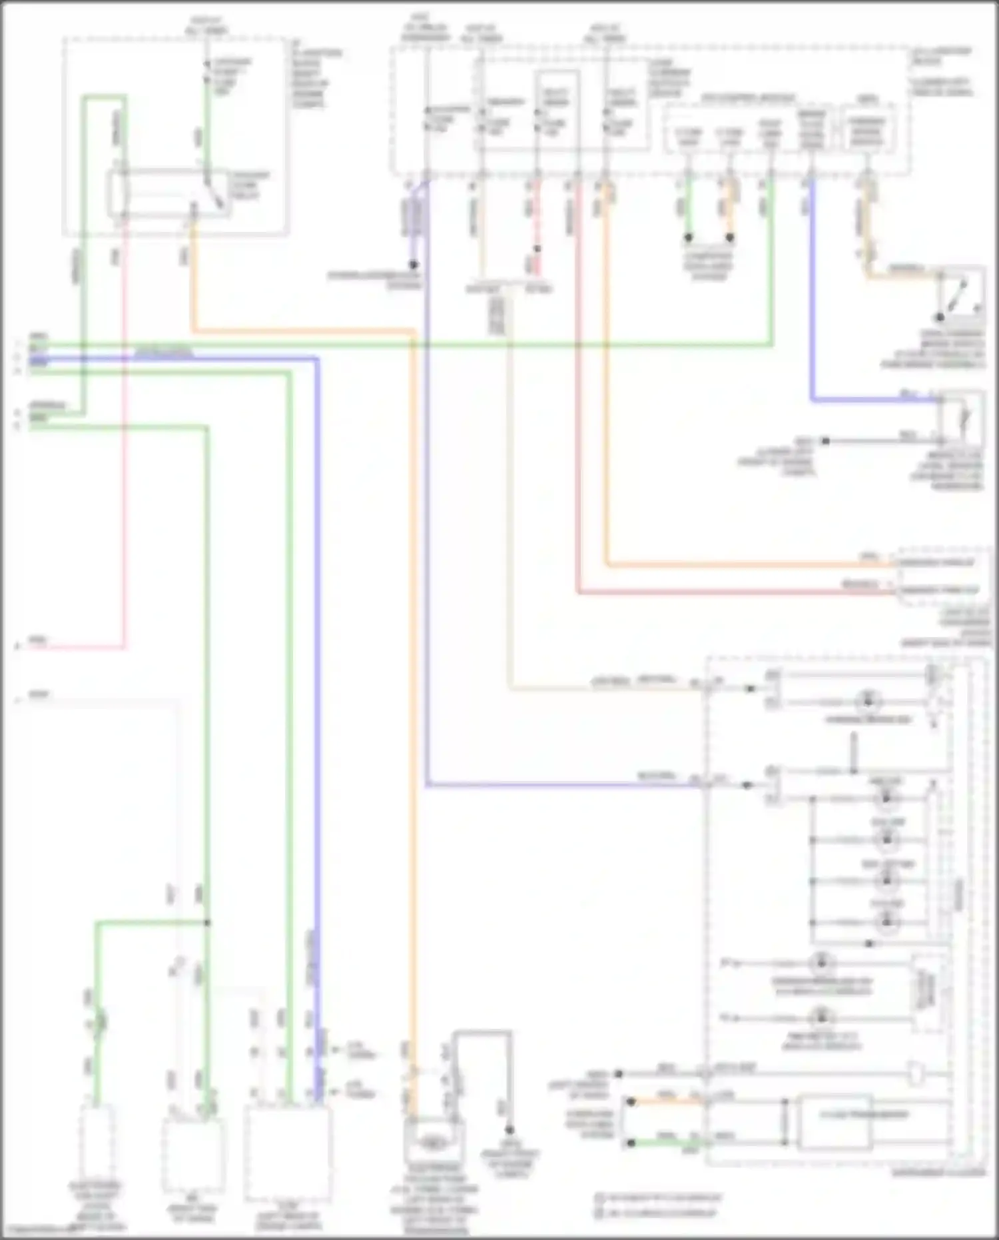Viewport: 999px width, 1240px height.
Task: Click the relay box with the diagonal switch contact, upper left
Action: click(170, 193)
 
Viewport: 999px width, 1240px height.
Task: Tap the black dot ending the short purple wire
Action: click(414, 264)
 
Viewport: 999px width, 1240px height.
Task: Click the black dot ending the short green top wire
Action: click(689, 237)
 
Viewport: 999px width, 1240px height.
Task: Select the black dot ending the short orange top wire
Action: click(730, 237)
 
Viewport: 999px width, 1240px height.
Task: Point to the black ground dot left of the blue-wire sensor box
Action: click(825, 440)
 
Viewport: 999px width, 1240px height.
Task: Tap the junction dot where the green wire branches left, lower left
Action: click(207, 923)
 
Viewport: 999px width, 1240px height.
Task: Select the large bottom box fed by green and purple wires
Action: click(288, 1153)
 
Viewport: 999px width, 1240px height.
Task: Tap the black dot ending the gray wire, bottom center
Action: click(509, 1130)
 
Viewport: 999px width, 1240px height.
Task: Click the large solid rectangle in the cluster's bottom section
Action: click(834, 1121)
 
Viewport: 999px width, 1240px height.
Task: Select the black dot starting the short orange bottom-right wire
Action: click(631, 1102)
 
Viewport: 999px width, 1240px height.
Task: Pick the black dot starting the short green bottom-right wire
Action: click(631, 1143)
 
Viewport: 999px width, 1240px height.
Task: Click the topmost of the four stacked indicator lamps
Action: click(886, 798)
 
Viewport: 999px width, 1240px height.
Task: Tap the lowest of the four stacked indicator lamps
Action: click(886, 923)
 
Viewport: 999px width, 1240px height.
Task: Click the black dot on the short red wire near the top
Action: click(537, 249)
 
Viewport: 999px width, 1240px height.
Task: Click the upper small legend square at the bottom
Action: click(599, 1197)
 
